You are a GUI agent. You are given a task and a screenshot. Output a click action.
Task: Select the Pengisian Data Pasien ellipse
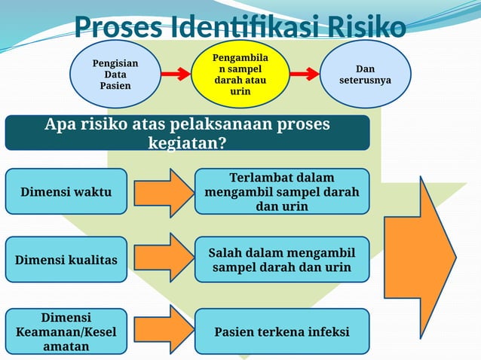click(x=115, y=74)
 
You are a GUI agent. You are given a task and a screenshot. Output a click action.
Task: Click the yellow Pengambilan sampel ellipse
click(x=240, y=74)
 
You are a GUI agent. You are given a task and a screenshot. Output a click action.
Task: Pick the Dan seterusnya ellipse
click(x=366, y=74)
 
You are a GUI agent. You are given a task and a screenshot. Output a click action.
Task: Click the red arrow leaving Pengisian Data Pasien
click(x=175, y=75)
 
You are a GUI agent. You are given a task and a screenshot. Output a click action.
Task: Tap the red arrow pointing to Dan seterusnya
click(x=304, y=75)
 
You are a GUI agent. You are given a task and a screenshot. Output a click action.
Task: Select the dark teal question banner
click(x=187, y=133)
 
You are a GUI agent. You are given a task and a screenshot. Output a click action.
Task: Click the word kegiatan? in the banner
click(x=188, y=142)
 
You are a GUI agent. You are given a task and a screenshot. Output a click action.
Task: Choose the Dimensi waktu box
click(x=66, y=192)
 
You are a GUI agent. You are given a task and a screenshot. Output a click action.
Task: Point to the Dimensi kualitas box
click(x=66, y=260)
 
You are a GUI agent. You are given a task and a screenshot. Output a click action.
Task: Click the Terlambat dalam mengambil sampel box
click(x=282, y=192)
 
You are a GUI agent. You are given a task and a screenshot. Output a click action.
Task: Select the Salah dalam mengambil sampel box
click(x=282, y=260)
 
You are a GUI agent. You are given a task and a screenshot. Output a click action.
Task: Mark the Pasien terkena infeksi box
click(x=282, y=331)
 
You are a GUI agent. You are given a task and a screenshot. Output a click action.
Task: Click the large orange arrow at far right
click(x=419, y=256)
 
